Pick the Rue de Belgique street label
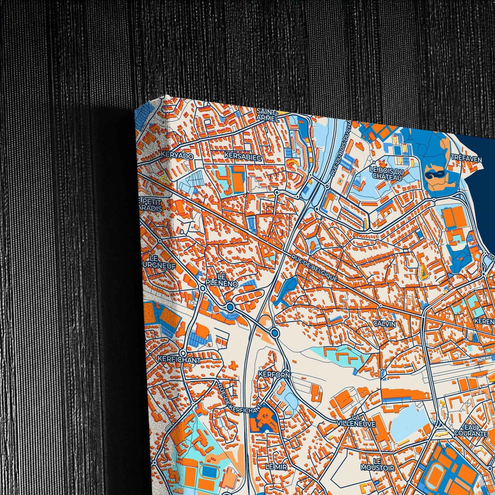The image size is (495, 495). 314,269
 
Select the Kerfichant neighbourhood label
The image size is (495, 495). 179,360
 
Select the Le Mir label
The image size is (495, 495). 276,466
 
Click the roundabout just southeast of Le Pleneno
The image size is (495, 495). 230,306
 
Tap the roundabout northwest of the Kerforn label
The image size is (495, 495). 274,332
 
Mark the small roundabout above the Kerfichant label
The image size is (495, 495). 183,352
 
